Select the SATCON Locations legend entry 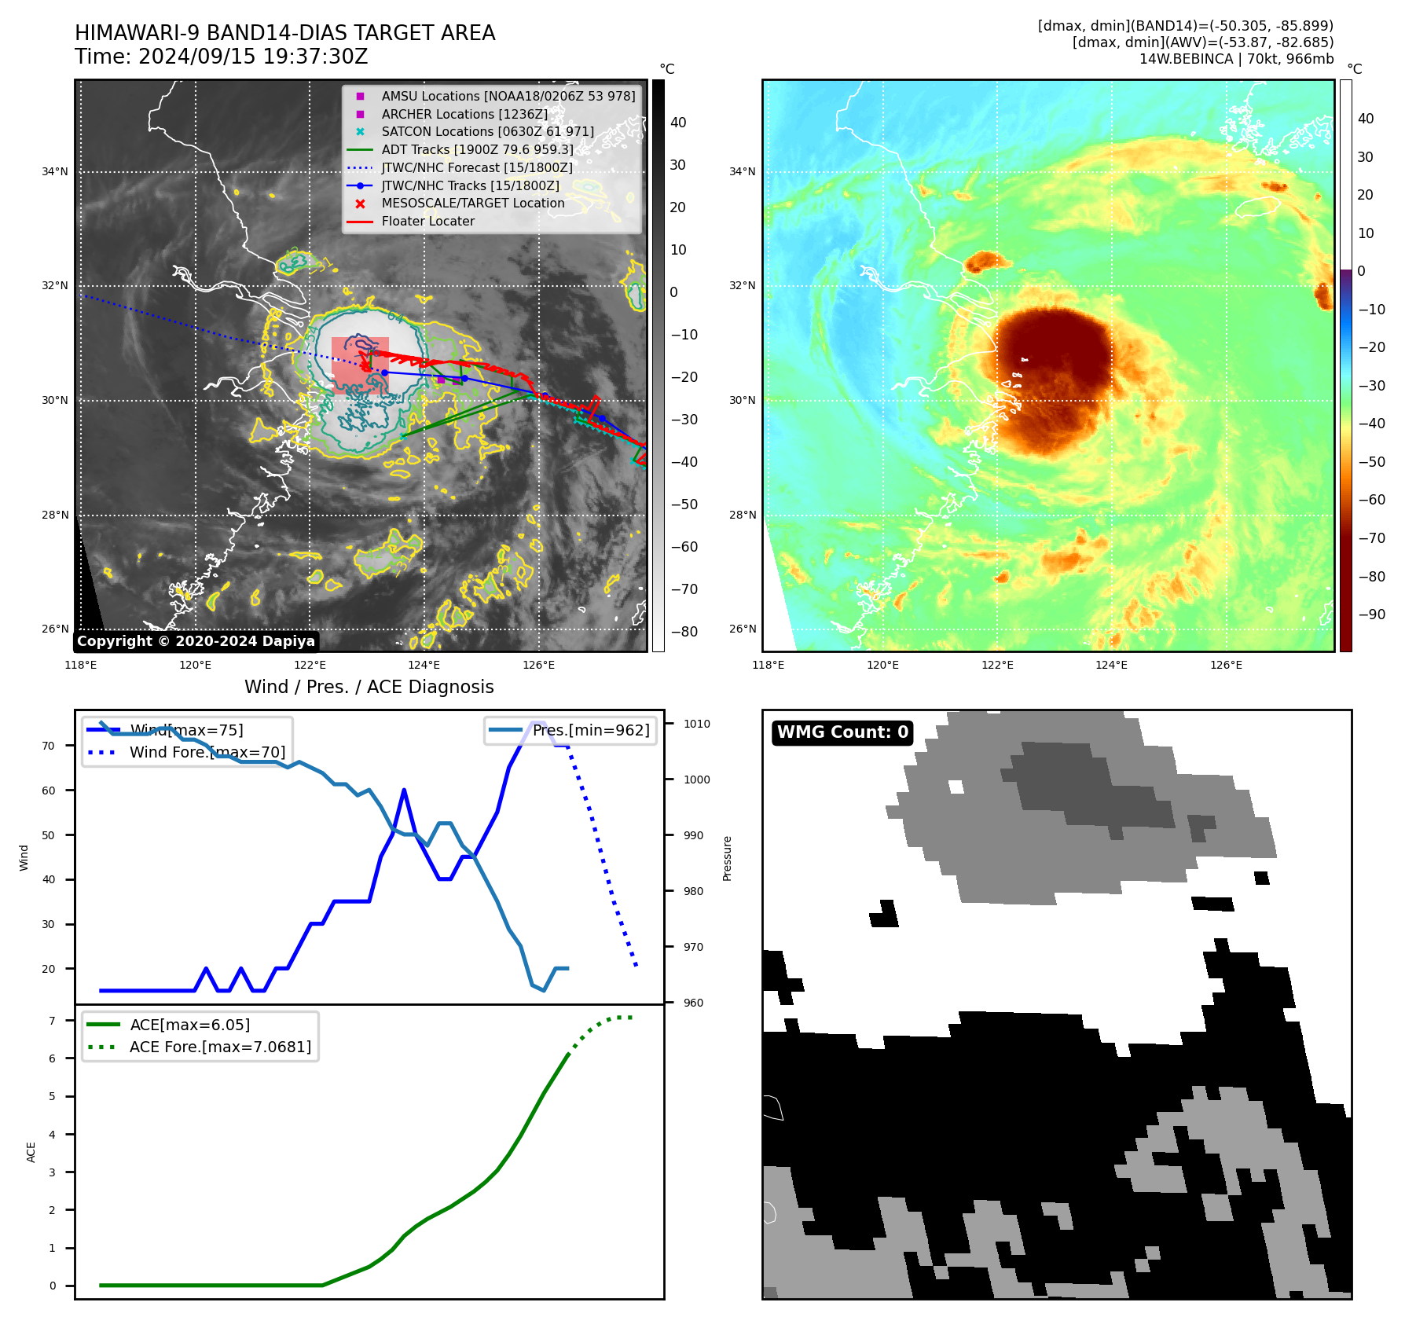487,131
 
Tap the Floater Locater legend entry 427,221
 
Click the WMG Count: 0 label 842,732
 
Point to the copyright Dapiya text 196,641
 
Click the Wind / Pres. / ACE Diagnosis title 369,687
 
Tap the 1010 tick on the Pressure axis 696,724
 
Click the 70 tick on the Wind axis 49,746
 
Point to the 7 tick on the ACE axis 52,1021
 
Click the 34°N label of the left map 55,171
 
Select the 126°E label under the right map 1226,665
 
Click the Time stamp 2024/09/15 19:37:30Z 221,57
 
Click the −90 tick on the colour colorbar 1371,614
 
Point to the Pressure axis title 727,858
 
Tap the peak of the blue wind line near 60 404,791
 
